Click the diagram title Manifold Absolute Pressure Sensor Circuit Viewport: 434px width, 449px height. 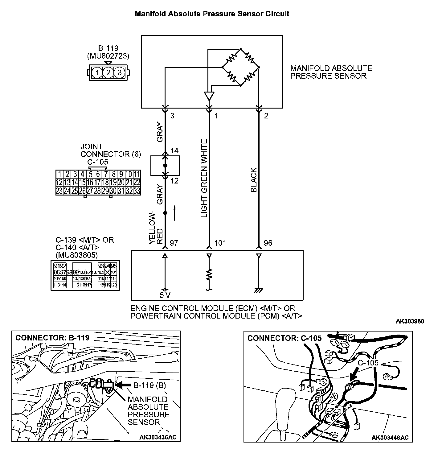(212, 14)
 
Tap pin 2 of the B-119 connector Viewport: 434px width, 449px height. (108, 73)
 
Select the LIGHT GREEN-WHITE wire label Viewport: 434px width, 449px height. (204, 178)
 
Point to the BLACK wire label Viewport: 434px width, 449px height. (254, 180)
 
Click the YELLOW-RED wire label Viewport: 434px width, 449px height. (156, 229)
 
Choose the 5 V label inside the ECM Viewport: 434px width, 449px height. (165, 295)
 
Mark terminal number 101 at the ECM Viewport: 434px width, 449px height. (220, 243)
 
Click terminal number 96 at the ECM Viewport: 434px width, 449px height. (268, 243)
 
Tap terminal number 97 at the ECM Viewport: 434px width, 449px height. (174, 243)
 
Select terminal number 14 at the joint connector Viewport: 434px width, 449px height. (174, 151)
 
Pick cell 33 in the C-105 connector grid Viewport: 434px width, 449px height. (137, 191)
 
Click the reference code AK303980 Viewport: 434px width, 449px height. (410, 322)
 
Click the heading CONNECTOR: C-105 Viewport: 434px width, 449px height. (284, 338)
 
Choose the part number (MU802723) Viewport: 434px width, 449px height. (108, 56)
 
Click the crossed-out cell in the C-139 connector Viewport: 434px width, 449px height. (108, 272)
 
